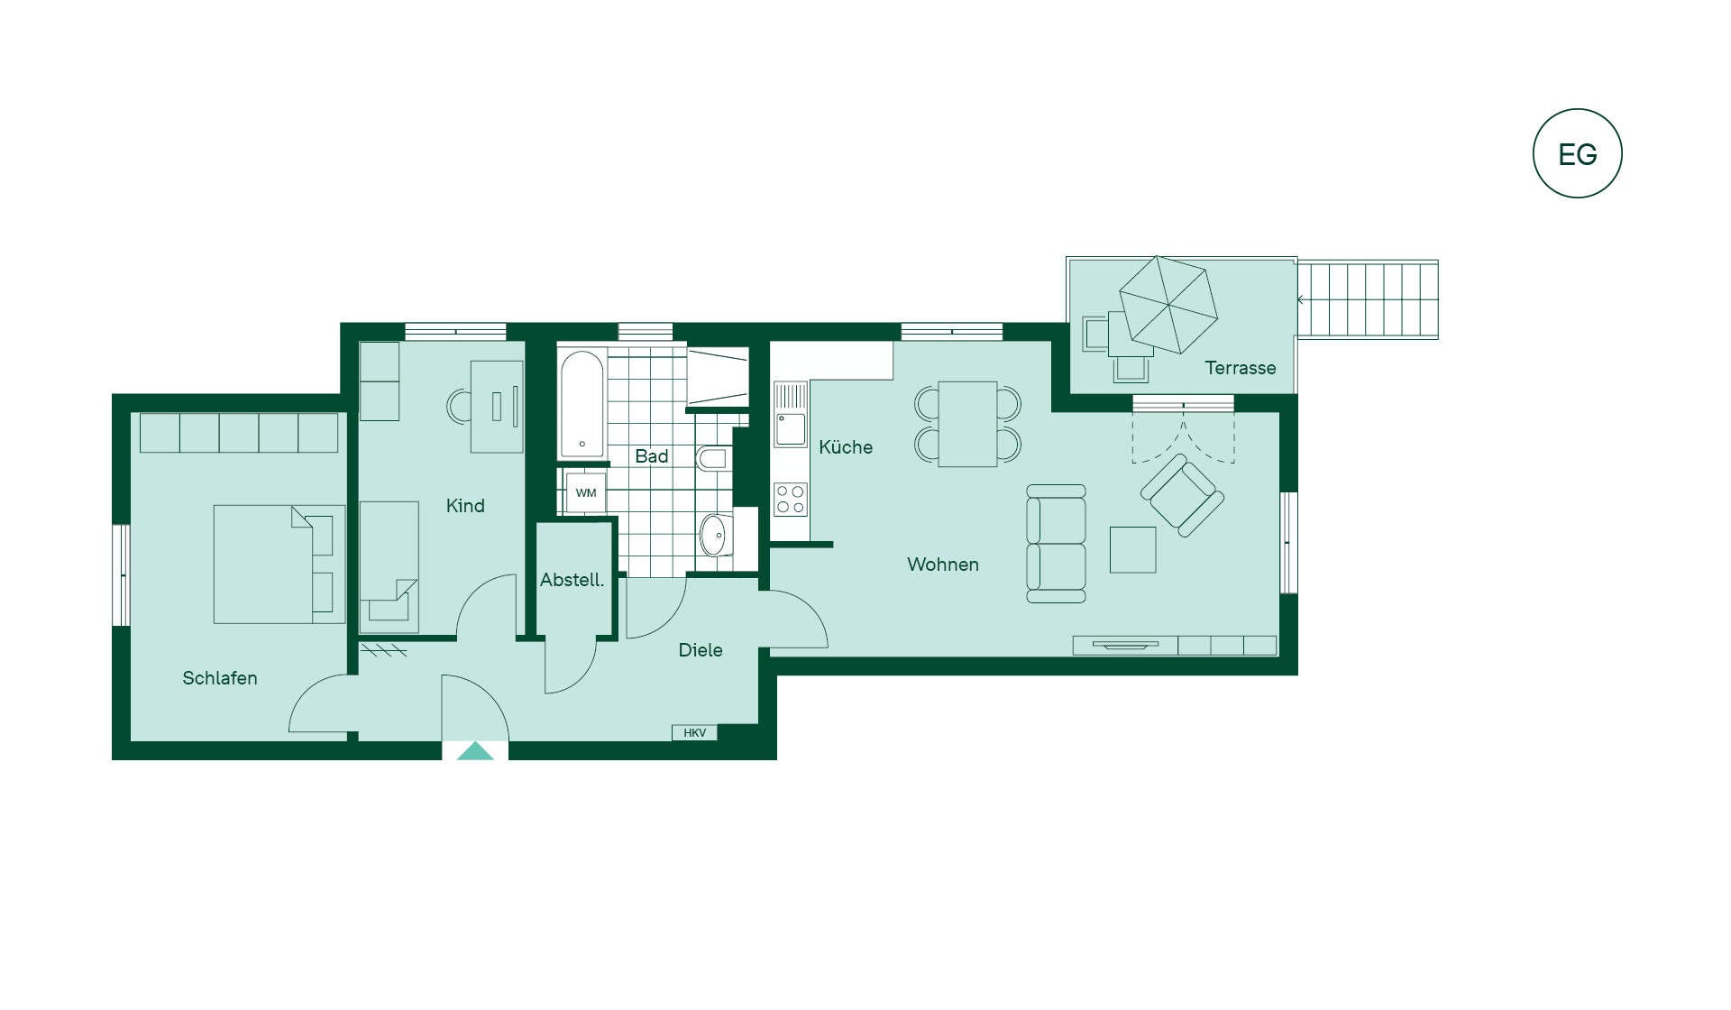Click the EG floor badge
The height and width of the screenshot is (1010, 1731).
1577,153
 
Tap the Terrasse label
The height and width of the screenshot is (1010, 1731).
1240,368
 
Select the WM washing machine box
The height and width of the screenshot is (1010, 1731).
586,492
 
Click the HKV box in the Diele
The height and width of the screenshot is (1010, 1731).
694,733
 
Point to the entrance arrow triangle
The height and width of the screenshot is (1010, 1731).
475,751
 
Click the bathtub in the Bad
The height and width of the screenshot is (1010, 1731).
582,404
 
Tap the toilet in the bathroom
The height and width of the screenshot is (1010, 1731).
712,458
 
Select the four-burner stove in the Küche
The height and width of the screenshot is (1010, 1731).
791,500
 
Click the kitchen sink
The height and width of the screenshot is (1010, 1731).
791,429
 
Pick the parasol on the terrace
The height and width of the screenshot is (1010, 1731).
1168,305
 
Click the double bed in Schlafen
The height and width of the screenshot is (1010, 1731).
279,564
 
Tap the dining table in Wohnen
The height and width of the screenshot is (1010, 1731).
967,424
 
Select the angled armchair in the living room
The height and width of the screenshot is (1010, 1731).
1182,495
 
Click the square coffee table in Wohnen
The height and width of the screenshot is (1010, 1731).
1132,549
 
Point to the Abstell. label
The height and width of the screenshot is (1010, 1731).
572,580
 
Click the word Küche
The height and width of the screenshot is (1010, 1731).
846,446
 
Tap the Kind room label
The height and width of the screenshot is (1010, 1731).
465,506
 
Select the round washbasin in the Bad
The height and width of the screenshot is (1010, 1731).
714,536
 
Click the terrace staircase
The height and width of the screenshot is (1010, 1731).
1368,299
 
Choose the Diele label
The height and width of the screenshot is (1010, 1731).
701,650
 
